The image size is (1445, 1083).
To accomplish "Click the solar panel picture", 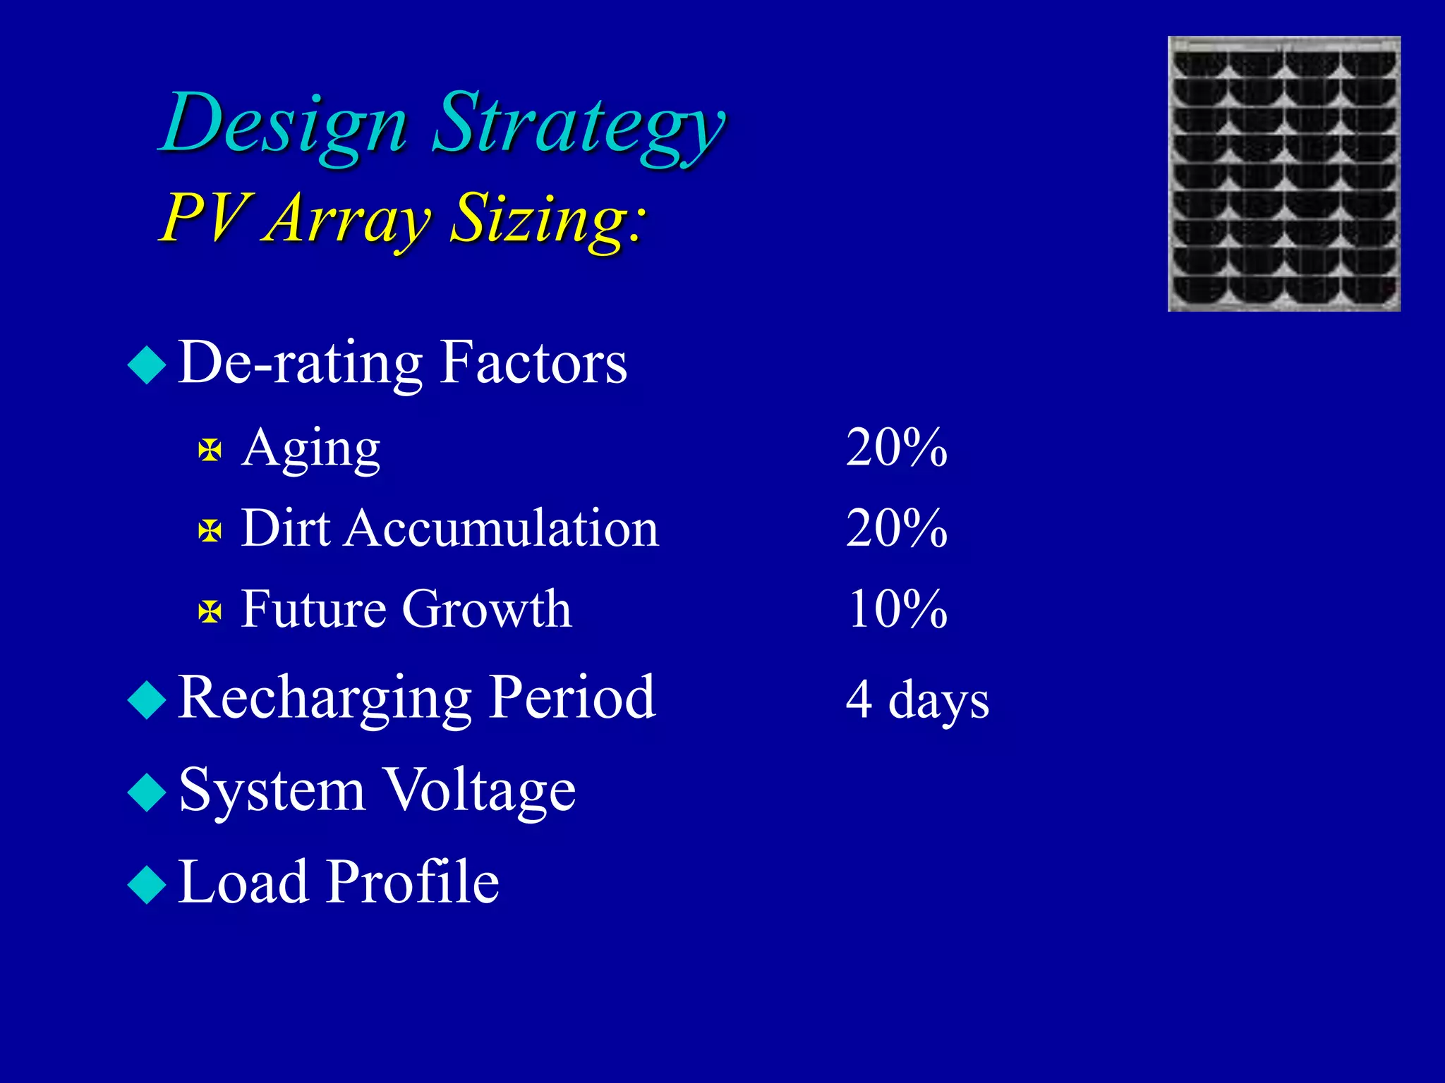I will pyautogui.click(x=1284, y=173).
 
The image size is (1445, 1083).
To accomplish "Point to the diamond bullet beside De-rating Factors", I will pyautogui.click(x=147, y=365).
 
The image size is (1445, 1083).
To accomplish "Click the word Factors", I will pyautogui.click(x=533, y=362).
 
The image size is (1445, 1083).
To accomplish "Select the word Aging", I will pyautogui.click(x=311, y=449).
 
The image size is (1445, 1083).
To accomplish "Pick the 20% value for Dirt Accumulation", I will pyautogui.click(x=897, y=528).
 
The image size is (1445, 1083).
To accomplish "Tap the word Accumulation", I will pyautogui.click(x=502, y=528).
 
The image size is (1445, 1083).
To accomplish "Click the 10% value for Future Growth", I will pyautogui.click(x=897, y=609).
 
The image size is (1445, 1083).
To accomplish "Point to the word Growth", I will pyautogui.click(x=487, y=609).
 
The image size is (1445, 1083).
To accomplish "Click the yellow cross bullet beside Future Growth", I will pyautogui.click(x=210, y=611).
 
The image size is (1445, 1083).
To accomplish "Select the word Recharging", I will pyautogui.click(x=324, y=698).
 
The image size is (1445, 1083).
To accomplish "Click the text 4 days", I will pyautogui.click(x=917, y=700).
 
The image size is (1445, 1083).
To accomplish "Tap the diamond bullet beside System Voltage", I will pyautogui.click(x=147, y=792).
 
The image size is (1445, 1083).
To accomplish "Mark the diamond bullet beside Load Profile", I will pyautogui.click(x=147, y=884).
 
